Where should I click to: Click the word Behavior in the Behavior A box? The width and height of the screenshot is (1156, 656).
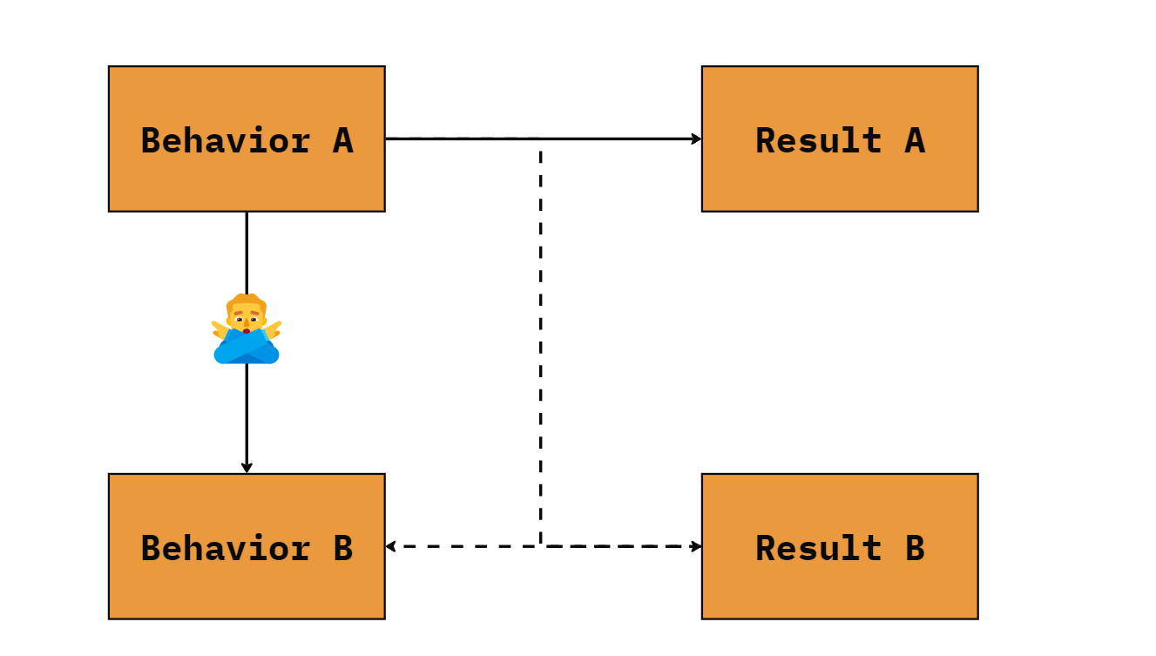(226, 139)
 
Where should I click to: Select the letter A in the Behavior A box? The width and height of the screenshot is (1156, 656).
(343, 140)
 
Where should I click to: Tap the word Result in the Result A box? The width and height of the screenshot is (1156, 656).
(819, 140)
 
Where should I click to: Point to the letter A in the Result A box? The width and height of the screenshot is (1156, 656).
(915, 140)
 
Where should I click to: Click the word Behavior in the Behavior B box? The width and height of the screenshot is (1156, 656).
(226, 547)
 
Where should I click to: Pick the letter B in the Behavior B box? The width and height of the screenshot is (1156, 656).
(343, 548)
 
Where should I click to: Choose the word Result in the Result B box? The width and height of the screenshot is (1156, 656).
(819, 548)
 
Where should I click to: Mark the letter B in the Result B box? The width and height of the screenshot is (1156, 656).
(915, 548)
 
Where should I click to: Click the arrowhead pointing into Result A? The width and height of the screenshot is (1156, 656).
(696, 139)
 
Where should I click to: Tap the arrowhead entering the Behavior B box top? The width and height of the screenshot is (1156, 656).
(247, 468)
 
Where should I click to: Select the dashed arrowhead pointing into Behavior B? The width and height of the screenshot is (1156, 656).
(390, 546)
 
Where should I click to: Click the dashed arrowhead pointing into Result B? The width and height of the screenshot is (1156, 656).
(696, 546)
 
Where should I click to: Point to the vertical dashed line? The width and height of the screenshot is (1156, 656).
(540, 346)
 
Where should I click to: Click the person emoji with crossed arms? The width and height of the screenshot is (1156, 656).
(247, 328)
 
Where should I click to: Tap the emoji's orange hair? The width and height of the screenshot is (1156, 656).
(247, 301)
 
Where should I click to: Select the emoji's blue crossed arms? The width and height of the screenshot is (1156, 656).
(247, 348)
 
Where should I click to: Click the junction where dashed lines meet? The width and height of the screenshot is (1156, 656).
(540, 546)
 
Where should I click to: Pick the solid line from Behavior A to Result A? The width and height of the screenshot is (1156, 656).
(544, 139)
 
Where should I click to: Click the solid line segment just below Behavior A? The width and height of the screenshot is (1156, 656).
(247, 253)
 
